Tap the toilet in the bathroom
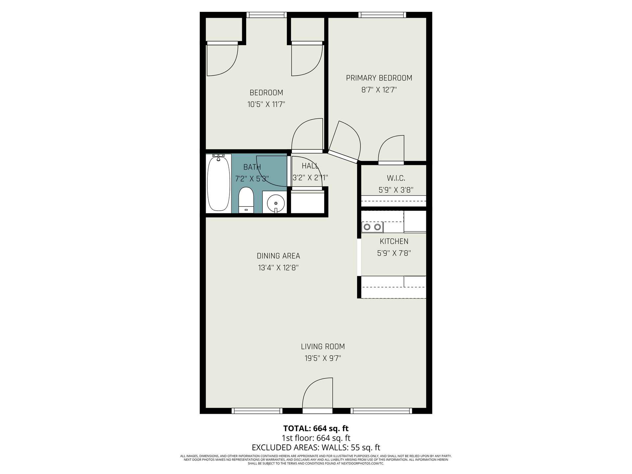click(246, 200)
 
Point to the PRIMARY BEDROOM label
click(379, 78)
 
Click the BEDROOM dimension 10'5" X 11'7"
click(266, 105)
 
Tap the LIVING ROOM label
click(323, 347)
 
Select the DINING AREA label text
click(278, 256)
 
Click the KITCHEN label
click(394, 241)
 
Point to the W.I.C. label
click(396, 178)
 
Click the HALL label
click(310, 166)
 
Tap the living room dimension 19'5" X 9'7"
click(323, 358)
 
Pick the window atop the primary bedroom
click(382, 15)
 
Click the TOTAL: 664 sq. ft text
click(316, 428)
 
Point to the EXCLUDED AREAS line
click(316, 448)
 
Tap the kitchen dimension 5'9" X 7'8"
click(394, 253)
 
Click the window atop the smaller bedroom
click(267, 15)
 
